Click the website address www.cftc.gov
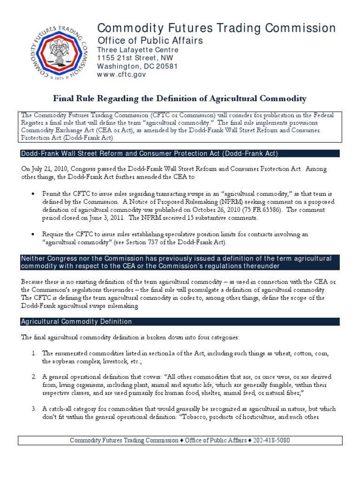click(x=115, y=75)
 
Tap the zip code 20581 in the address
click(x=168, y=66)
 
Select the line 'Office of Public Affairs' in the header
click(x=150, y=41)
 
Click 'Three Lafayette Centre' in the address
click(x=137, y=50)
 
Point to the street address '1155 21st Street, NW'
click(x=135, y=58)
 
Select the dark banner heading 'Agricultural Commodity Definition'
click(x=76, y=322)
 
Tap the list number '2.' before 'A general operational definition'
click(x=34, y=377)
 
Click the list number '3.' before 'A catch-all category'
click(x=34, y=409)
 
